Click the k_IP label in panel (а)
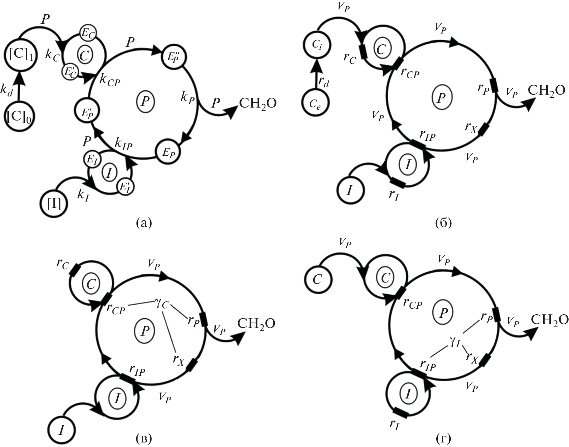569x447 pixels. pos(124,143)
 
